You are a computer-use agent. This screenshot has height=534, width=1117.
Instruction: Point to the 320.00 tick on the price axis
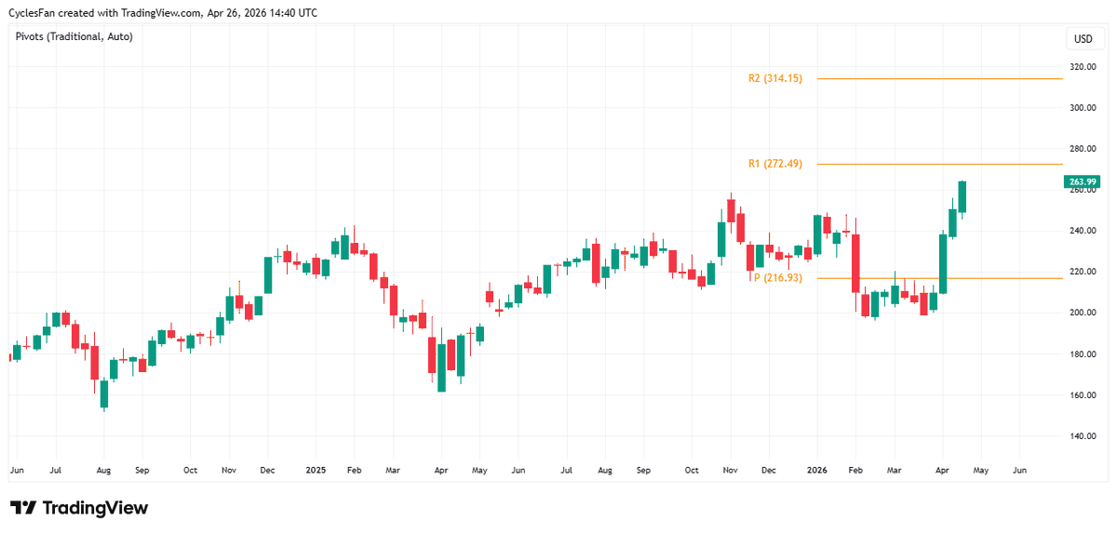pyautogui.click(x=1082, y=67)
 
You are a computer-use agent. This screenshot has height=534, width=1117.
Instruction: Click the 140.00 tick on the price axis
pyautogui.click(x=1082, y=436)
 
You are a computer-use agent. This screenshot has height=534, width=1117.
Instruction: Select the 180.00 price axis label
pyautogui.click(x=1082, y=354)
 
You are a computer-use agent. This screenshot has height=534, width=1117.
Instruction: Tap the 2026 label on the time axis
pyautogui.click(x=816, y=472)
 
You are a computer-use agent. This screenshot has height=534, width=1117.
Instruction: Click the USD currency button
pyautogui.click(x=1083, y=39)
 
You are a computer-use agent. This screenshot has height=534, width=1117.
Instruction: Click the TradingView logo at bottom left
pyautogui.click(x=79, y=508)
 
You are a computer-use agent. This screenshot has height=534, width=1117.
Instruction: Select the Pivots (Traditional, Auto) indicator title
pyautogui.click(x=75, y=36)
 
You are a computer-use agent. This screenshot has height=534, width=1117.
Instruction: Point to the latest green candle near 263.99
pyautogui.click(x=962, y=196)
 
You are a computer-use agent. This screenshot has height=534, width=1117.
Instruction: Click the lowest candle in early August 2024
pyautogui.click(x=104, y=393)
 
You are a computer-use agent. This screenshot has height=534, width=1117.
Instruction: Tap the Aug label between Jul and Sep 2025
pyautogui.click(x=604, y=472)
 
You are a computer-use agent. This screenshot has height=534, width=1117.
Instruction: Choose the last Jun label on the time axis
pyautogui.click(x=1019, y=472)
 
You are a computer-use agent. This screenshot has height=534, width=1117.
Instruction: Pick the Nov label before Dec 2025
pyautogui.click(x=730, y=472)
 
